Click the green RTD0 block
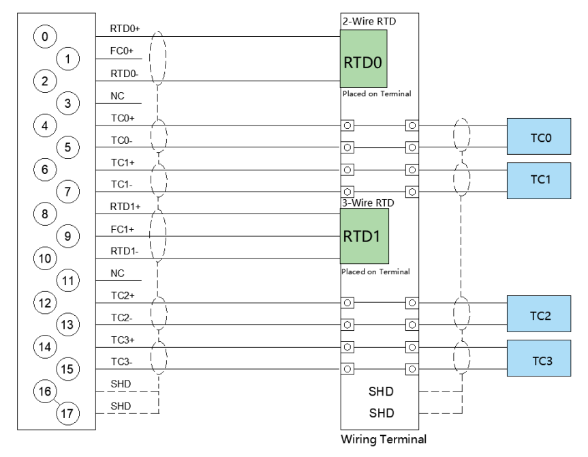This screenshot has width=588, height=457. point(363,59)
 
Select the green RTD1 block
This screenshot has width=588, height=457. point(364,236)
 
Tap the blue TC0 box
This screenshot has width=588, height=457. point(539,136)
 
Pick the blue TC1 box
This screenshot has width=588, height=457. point(539,181)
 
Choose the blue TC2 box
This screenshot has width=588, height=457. point(539,314)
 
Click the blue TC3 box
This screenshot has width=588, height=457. point(539,358)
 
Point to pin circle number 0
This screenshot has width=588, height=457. point(45,36)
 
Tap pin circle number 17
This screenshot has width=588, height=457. point(67,413)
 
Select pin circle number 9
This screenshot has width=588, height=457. point(67,236)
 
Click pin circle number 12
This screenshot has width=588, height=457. point(45,303)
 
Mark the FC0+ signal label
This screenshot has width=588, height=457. point(121,50)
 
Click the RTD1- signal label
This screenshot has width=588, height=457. point(125,251)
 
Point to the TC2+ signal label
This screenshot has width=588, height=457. point(123,295)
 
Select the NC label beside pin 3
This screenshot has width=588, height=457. point(117,95)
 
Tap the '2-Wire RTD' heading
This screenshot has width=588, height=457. point(369,21)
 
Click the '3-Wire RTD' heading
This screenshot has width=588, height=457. point(368,203)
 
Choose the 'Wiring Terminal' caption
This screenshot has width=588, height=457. point(384,439)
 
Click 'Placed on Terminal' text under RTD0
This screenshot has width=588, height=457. point(377,93)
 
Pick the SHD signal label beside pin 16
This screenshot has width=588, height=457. point(121,384)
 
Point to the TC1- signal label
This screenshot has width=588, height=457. point(122,184)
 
